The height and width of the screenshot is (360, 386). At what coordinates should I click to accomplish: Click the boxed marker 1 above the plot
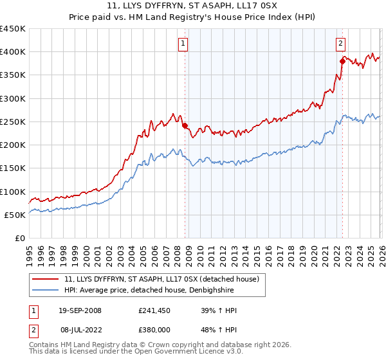pos(183,44)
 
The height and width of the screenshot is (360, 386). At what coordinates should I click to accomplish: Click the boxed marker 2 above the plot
pos(340,44)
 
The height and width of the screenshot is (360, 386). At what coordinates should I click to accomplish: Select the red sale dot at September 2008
pos(185,126)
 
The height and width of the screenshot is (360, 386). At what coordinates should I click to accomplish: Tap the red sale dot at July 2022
pos(342,61)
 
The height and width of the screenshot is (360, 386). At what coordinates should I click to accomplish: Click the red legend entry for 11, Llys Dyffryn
pos(161,279)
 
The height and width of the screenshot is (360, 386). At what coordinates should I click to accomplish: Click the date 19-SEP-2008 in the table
pos(80,310)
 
